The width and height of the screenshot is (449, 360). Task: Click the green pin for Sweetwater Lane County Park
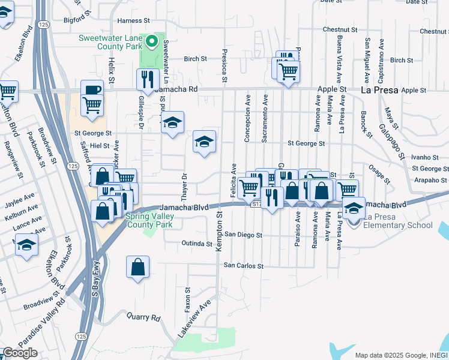pyautogui.click(x=152, y=41)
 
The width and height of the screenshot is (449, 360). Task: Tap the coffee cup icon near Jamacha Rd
pyautogui.click(x=92, y=90)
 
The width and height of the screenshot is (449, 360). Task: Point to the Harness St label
pyautogui.click(x=133, y=20)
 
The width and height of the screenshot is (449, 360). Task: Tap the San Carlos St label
pyautogui.click(x=244, y=265)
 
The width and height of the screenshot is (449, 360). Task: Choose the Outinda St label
pyautogui.click(x=197, y=244)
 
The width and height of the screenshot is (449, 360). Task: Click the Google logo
pyautogui.click(x=20, y=353)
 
